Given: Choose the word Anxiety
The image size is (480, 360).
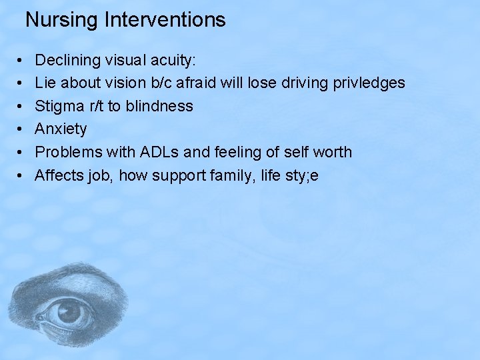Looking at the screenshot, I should [61, 129].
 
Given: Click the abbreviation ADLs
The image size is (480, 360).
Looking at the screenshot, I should [159, 152].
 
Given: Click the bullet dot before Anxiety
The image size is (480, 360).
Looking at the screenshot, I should [21, 129].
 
